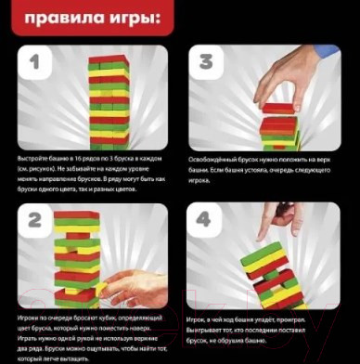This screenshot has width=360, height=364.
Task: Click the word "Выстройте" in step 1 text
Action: pyautogui.click(x=38, y=160)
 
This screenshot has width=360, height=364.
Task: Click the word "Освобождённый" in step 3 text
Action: pyautogui.click(x=219, y=160)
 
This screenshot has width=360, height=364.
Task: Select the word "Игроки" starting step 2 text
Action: pyautogui.click(x=32, y=318)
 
